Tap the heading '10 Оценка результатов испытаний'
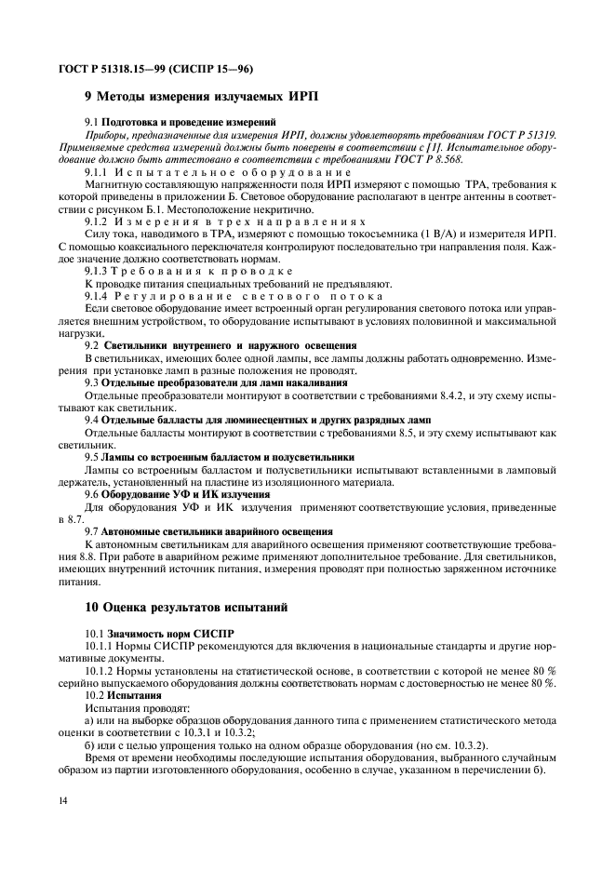(187, 608)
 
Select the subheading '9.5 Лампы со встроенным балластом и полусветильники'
(220, 458)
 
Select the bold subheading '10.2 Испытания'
(124, 694)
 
